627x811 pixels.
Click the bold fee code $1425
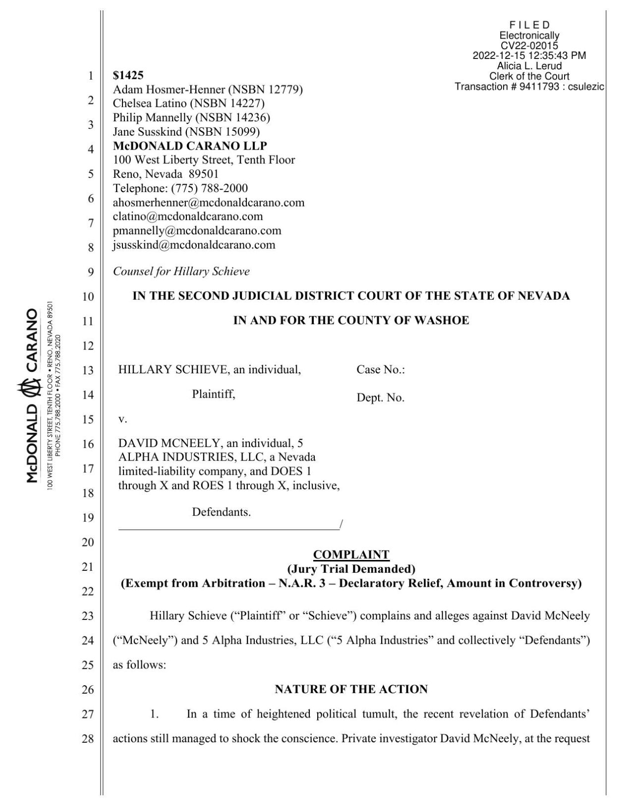pyautogui.click(x=128, y=75)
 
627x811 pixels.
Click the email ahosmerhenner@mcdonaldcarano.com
pyautogui.click(x=209, y=203)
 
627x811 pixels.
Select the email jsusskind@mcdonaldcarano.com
pyautogui.click(x=194, y=245)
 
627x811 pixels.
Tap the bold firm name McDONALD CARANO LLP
pyautogui.click(x=190, y=146)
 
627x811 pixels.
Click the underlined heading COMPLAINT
pyautogui.click(x=351, y=555)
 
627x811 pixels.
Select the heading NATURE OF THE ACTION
pyautogui.click(x=351, y=689)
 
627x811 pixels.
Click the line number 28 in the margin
pyautogui.click(x=87, y=739)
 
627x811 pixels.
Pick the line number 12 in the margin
pyautogui.click(x=87, y=346)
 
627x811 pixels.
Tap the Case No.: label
pyautogui.click(x=381, y=370)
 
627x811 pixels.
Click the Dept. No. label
pyautogui.click(x=381, y=398)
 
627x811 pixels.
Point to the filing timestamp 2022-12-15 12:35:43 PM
pyautogui.click(x=529, y=55)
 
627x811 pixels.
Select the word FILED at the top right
pyautogui.click(x=529, y=25)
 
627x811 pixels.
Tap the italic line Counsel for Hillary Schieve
pyautogui.click(x=181, y=271)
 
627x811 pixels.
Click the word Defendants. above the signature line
pyautogui.click(x=221, y=512)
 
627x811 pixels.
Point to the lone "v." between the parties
pyautogui.click(x=122, y=419)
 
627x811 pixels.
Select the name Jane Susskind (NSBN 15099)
pyautogui.click(x=186, y=132)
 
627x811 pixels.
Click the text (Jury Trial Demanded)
pyautogui.click(x=351, y=568)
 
